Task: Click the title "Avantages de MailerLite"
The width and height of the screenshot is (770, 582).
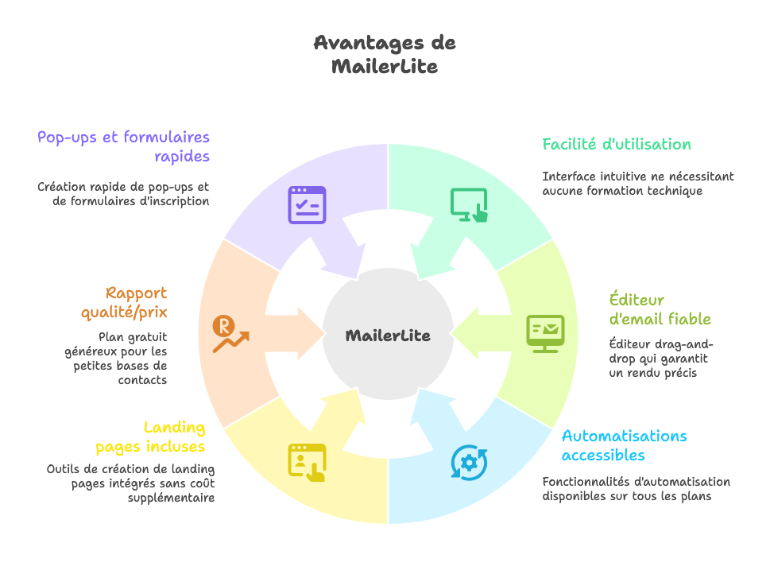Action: pyautogui.click(x=385, y=54)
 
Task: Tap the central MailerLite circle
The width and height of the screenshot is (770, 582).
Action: pyautogui.click(x=388, y=336)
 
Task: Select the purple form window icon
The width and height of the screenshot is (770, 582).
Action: pyautogui.click(x=307, y=204)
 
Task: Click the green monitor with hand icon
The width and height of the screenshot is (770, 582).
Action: pyautogui.click(x=469, y=204)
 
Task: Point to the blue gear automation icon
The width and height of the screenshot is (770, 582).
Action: pyautogui.click(x=469, y=462)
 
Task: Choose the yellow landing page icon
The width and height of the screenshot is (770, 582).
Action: pyautogui.click(x=307, y=462)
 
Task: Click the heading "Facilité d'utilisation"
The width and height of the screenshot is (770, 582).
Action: pyautogui.click(x=617, y=145)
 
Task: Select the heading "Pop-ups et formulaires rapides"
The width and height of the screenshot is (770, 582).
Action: pyautogui.click(x=124, y=146)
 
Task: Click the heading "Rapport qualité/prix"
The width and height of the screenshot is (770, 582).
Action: pyautogui.click(x=124, y=302)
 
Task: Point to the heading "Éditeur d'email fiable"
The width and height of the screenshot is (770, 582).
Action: pyautogui.click(x=660, y=309)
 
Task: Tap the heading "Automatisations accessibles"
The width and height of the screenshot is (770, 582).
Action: pyautogui.click(x=624, y=445)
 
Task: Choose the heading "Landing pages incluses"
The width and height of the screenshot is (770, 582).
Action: pyautogui.click(x=151, y=436)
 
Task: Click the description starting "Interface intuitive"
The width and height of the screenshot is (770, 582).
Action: pyautogui.click(x=638, y=184)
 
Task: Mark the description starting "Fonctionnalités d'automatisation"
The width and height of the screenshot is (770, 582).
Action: pyautogui.click(x=636, y=489)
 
